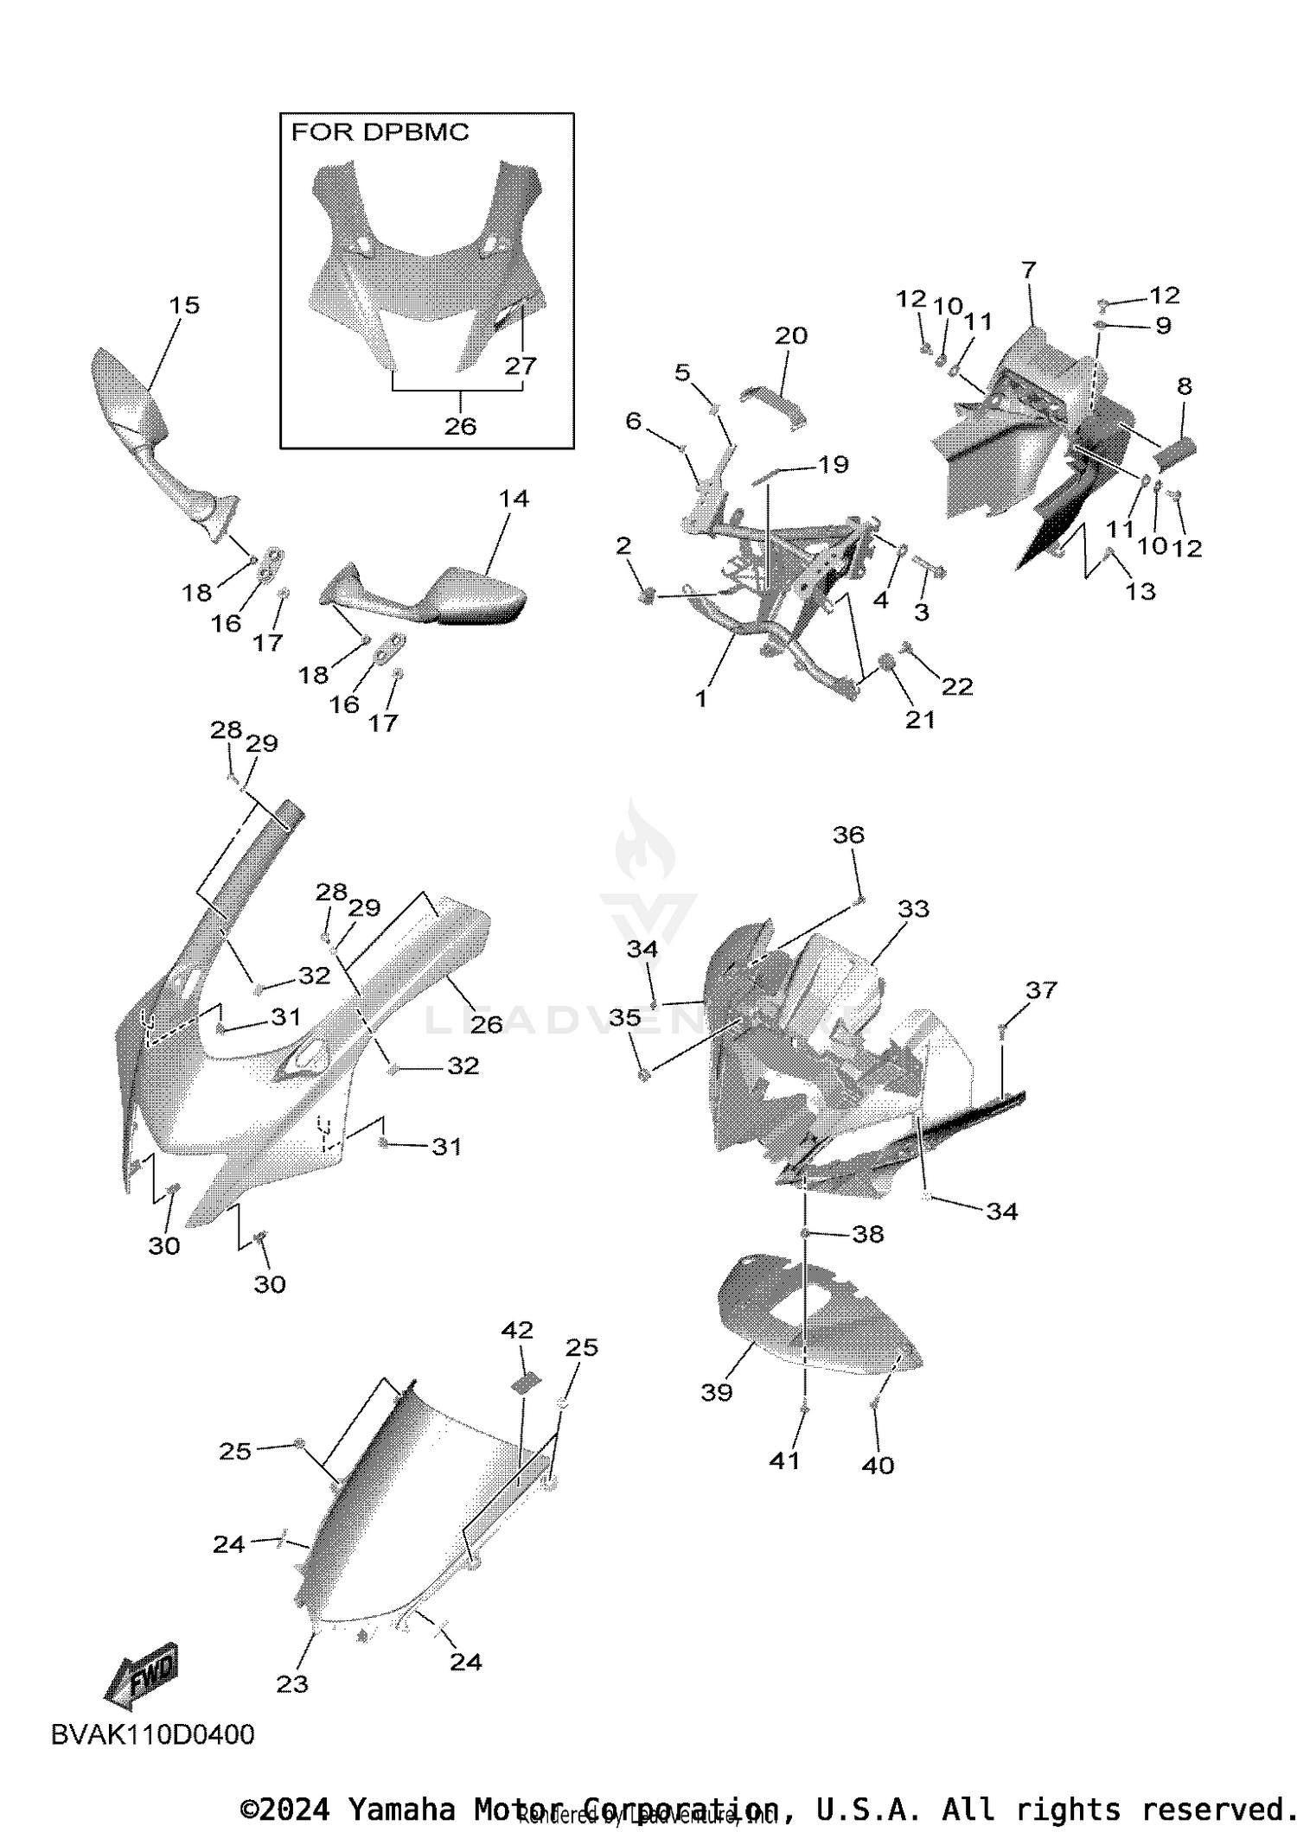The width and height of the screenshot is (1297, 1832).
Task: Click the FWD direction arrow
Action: click(142, 1674)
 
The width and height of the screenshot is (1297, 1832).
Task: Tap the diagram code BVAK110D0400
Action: click(152, 1734)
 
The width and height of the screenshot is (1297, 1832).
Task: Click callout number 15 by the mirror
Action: click(184, 305)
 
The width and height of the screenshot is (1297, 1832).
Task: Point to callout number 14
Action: click(514, 498)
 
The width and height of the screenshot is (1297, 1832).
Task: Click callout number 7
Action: click(1028, 270)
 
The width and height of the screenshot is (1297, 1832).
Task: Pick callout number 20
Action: click(790, 335)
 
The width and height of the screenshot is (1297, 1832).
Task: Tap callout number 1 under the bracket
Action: click(701, 698)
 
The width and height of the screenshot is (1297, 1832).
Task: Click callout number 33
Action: click(913, 908)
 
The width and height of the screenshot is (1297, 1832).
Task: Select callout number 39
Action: click(717, 1391)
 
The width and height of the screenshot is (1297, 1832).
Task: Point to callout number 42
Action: click(517, 1329)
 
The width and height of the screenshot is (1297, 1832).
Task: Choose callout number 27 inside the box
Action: click(521, 366)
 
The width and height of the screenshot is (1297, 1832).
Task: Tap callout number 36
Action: click(848, 834)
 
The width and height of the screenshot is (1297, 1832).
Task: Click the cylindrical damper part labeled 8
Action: click(1174, 450)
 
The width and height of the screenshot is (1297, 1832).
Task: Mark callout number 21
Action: click(920, 719)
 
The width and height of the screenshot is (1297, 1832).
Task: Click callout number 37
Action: click(1041, 989)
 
